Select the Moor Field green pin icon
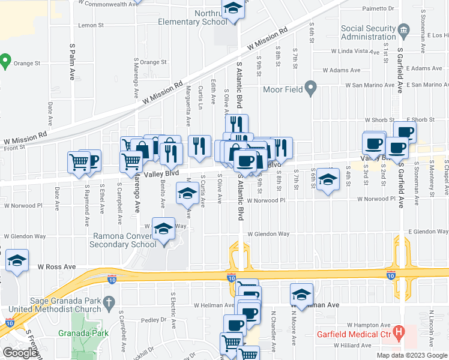point(310,89)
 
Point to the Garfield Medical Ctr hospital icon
point(399,332)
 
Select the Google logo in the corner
point(20,353)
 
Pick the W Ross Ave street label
point(57,266)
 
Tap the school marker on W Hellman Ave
point(301,294)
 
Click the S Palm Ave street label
point(71,62)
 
